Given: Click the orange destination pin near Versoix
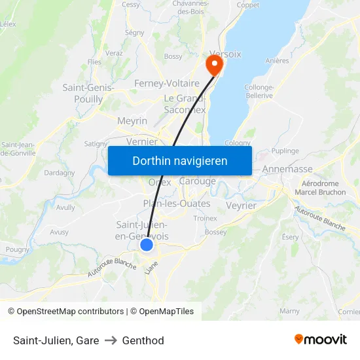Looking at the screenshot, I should [x=213, y=65].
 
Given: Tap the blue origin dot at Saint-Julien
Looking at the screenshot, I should [x=147, y=244].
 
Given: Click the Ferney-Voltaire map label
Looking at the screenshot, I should [x=166, y=84].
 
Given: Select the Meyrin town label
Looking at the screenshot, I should [x=132, y=121].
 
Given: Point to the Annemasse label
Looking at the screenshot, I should [x=287, y=169].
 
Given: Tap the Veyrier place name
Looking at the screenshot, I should [x=241, y=205].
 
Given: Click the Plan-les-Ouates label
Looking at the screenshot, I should [x=177, y=204].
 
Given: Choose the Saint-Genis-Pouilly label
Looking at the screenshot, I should [x=88, y=93].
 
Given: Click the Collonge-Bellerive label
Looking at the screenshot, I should [x=259, y=91].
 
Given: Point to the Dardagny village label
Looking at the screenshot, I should [x=59, y=173].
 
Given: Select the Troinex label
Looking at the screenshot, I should [x=205, y=219].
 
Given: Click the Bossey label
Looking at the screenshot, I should [x=215, y=232].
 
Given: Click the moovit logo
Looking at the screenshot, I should [x=320, y=340].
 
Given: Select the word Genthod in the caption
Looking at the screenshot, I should [x=143, y=340].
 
